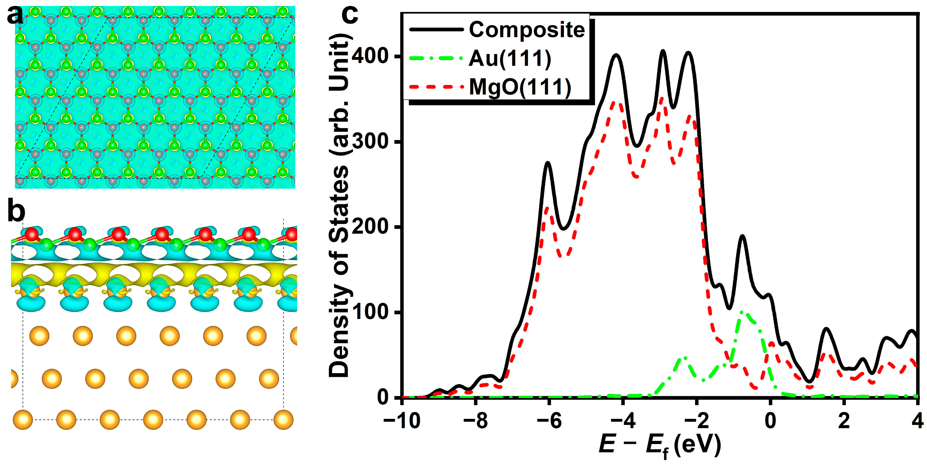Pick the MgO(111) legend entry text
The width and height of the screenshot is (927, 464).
(520, 87)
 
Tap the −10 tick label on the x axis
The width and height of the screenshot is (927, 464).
(402, 421)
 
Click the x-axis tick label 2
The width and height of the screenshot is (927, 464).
(844, 421)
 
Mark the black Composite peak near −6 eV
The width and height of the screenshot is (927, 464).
(548, 163)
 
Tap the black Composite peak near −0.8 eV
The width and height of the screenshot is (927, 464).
(742, 236)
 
